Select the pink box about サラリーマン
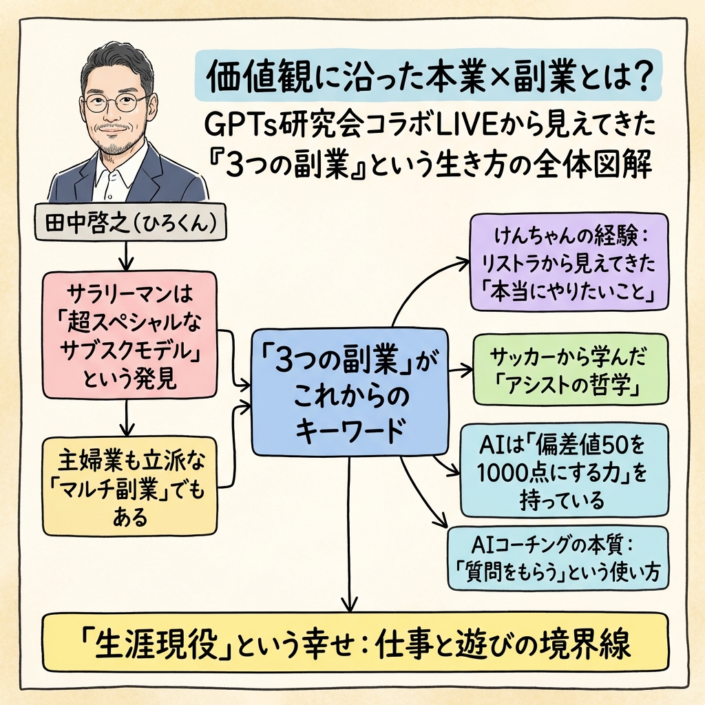(x=129, y=335)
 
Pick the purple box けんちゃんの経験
(x=569, y=262)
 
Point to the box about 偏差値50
(x=564, y=469)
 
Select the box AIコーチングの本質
(x=557, y=558)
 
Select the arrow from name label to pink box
(x=125, y=256)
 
